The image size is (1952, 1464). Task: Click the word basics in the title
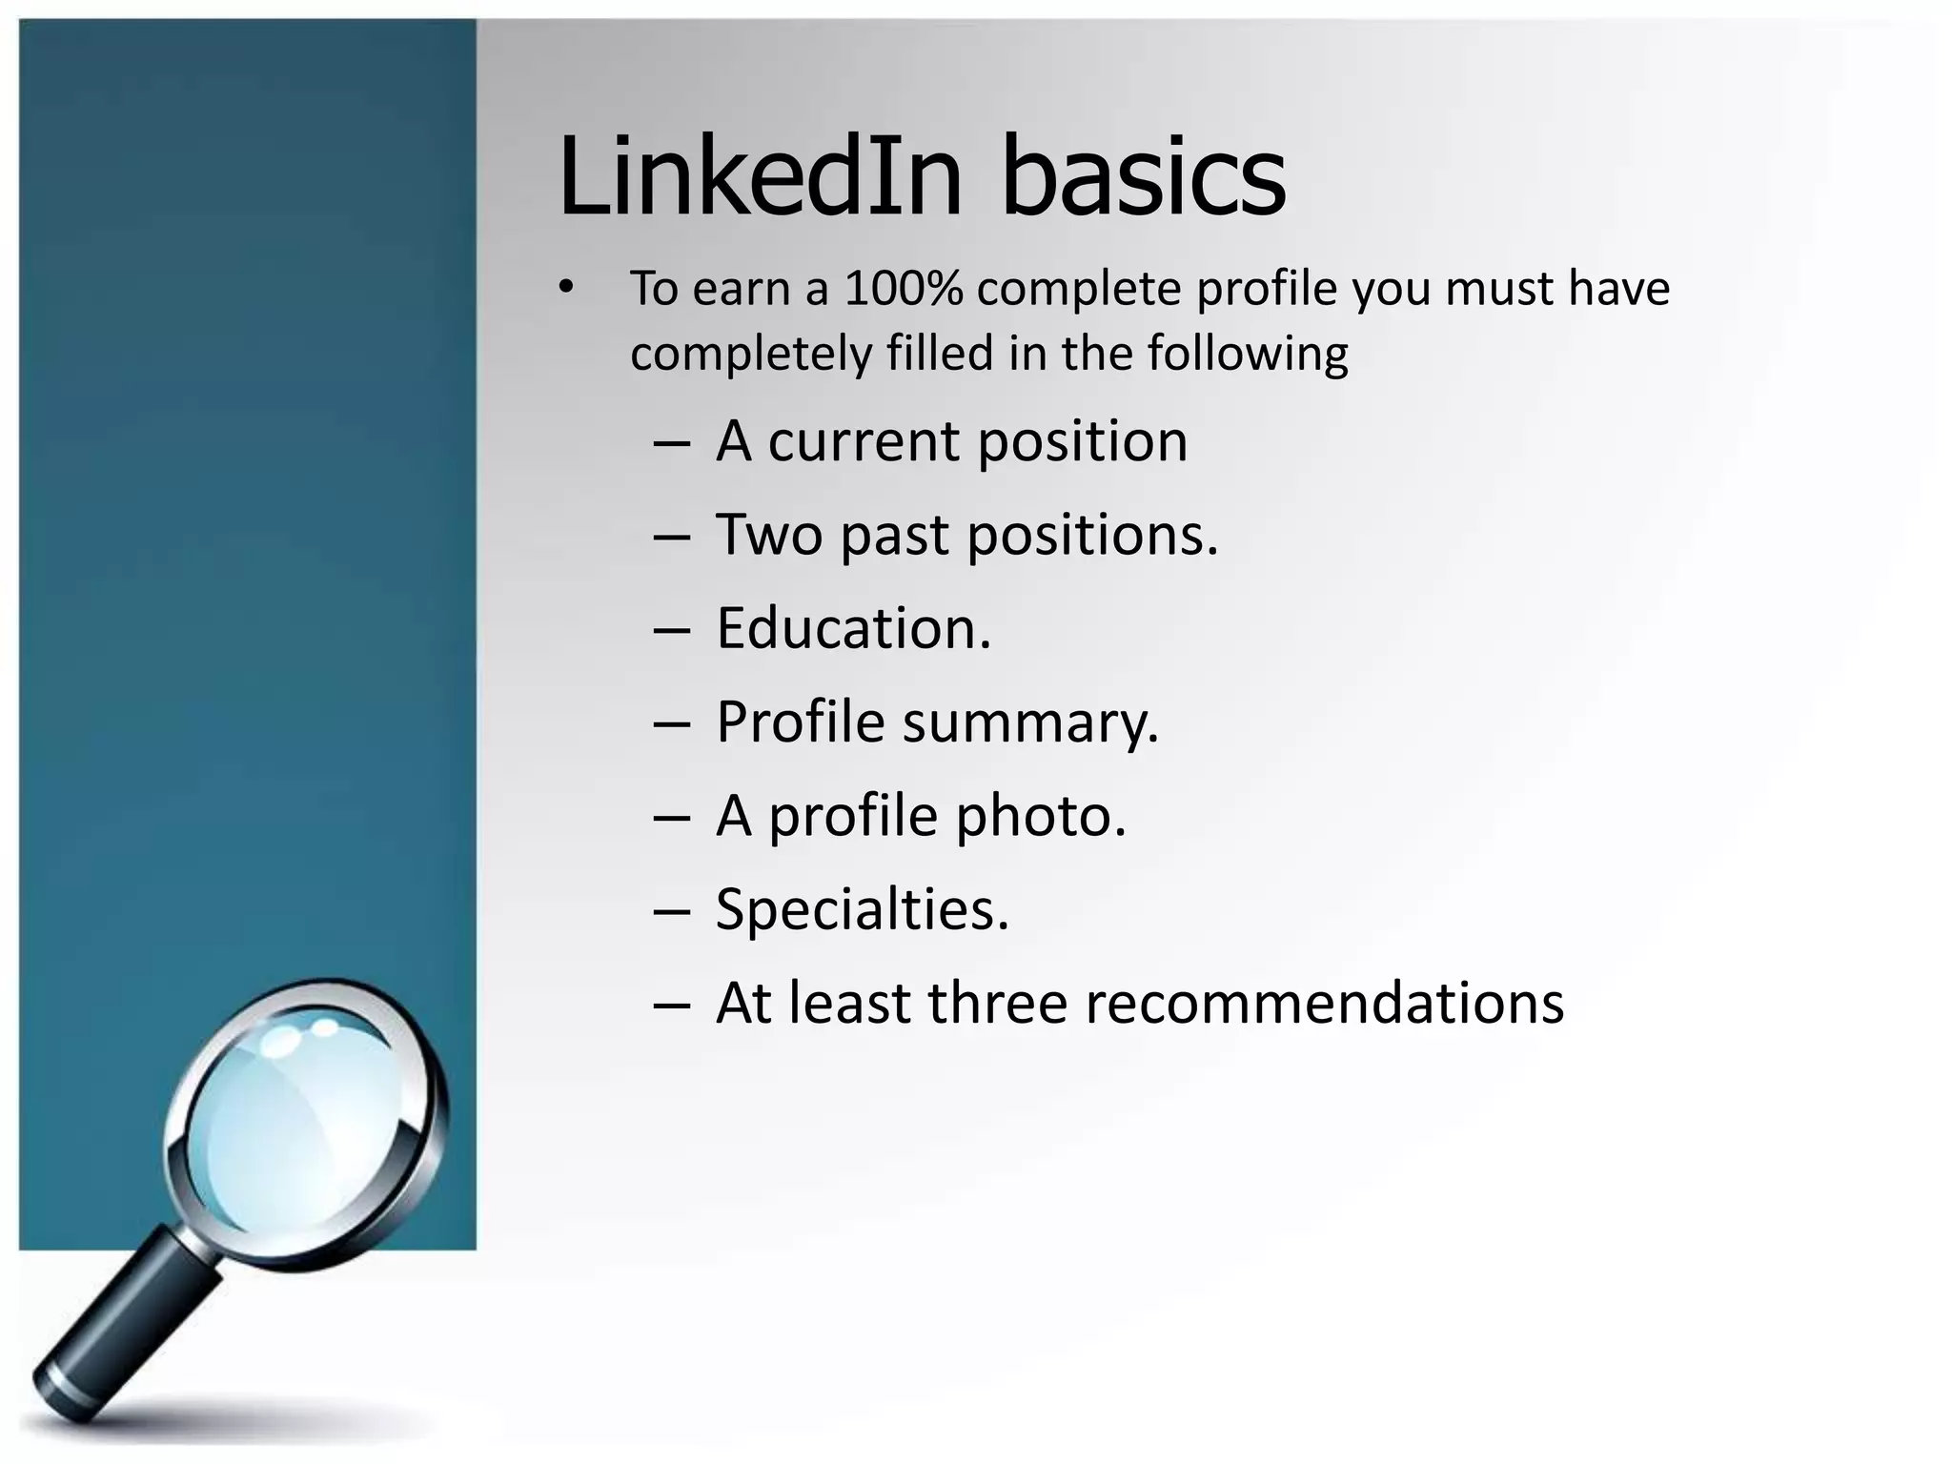point(1143,177)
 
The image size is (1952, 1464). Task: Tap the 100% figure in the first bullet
point(903,289)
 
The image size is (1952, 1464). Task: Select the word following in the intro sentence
point(1248,355)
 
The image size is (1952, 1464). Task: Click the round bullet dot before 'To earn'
point(567,287)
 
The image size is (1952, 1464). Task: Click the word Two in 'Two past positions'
point(768,535)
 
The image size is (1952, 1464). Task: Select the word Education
point(853,629)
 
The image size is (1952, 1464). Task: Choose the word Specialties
point(862,910)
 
